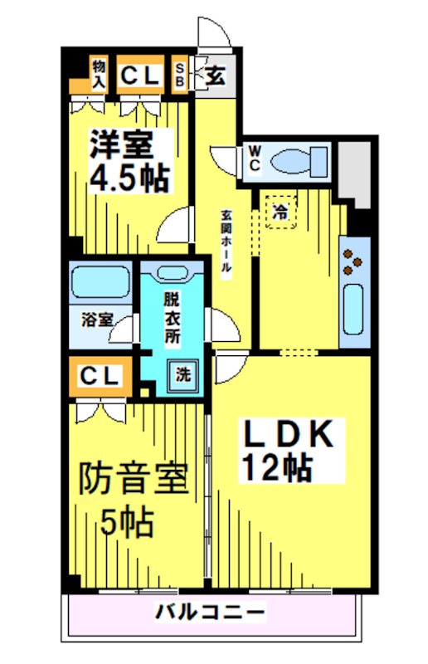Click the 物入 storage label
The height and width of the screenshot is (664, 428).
point(99,74)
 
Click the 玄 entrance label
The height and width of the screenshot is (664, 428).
point(215,77)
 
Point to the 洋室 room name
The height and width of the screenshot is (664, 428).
point(122,144)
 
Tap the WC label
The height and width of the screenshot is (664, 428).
point(255,158)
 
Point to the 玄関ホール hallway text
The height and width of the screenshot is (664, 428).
point(226,241)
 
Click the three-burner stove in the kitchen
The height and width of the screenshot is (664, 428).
point(354,258)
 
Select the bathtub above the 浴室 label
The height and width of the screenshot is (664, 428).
point(98,282)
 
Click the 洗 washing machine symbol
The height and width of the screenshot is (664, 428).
point(182,373)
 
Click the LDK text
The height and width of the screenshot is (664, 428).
point(287,433)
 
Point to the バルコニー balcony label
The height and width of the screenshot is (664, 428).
point(211,613)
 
